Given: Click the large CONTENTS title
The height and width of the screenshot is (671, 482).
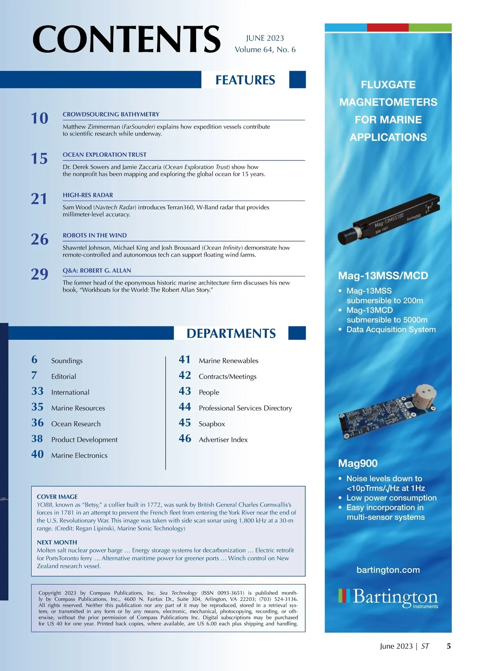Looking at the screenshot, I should pos(126,39).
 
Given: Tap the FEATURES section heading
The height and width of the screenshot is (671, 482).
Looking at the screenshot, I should pos(245,80).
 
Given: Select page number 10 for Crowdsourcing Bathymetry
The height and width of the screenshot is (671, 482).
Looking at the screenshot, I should pos(39,118).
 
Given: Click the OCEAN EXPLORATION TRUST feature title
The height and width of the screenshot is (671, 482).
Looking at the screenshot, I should pos(104,155).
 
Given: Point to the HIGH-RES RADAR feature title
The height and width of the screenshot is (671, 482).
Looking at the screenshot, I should pos(88,195).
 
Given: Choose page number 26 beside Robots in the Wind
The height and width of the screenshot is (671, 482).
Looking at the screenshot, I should pos(39,239).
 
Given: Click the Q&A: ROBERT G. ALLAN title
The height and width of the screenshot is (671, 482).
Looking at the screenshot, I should pos(97,270).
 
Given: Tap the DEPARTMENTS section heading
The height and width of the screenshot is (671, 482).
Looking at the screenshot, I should pos(231,333).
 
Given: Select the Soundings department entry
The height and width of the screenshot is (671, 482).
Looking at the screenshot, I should pos(67,361).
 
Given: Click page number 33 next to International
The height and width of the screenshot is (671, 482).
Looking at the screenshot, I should pos(37,391).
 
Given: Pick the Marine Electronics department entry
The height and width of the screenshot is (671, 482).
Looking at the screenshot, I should pos(79,455).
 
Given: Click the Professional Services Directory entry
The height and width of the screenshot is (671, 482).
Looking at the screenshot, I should pos(245,408).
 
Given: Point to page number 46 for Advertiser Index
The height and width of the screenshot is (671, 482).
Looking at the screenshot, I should pos(185,439).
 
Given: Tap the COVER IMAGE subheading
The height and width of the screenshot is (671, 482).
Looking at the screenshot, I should pos(57,496).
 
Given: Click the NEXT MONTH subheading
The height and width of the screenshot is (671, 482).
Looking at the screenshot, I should pos(57,542).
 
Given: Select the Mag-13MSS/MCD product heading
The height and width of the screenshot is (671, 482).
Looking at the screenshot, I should pos(383,276).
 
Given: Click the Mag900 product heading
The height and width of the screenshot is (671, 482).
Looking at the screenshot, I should pos(357,463).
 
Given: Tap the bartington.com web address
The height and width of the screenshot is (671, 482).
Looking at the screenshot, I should pos(388,570).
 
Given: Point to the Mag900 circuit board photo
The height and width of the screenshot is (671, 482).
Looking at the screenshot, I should pos(388,413).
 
